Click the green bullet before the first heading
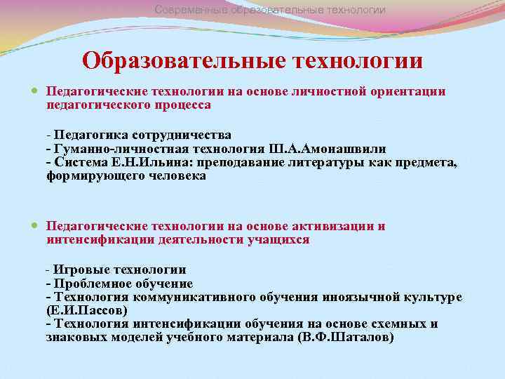[36, 92]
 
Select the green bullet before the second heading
[36, 227]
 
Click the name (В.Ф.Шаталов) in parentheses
[346, 337]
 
